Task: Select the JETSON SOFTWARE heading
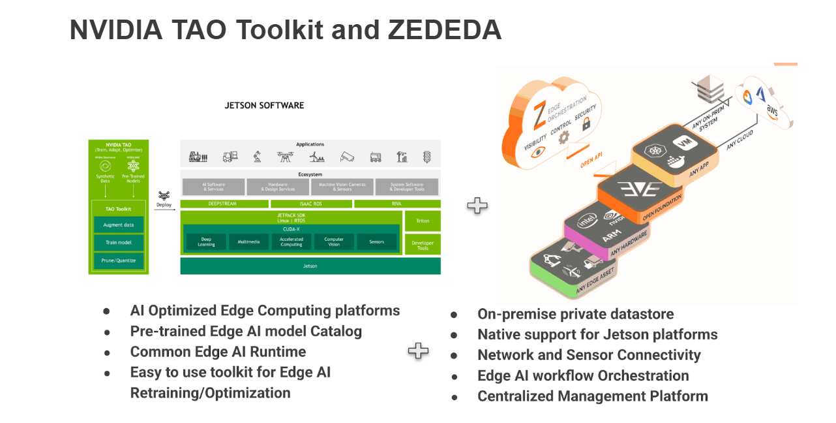point(264,105)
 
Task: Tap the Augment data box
point(118,225)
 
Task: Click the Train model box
point(118,242)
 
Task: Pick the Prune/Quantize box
point(118,260)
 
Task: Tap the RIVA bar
point(396,204)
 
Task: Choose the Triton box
point(423,221)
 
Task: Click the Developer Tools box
point(423,245)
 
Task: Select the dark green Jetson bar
point(310,266)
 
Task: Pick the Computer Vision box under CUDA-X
point(334,242)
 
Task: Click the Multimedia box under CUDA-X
point(248,242)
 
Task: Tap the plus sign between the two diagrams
point(477,206)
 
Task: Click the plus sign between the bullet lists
point(418,351)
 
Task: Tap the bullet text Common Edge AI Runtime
point(218,352)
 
